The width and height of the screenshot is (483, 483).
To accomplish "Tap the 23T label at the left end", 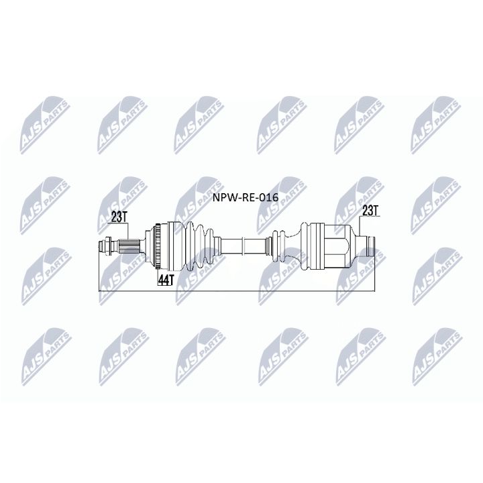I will tap(118, 217).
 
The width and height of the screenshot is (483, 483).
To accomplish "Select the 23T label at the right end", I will tap(370, 211).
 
